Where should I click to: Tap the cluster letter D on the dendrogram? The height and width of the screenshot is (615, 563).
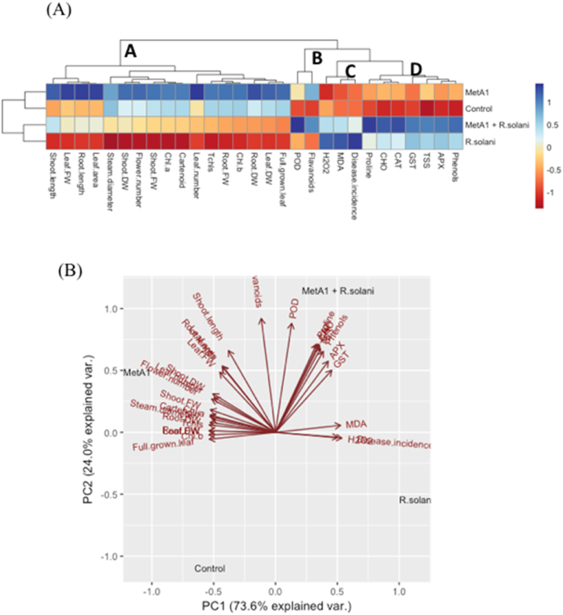click(x=416, y=71)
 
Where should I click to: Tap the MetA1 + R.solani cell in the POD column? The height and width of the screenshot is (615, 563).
click(x=298, y=125)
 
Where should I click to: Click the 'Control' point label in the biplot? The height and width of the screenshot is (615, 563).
click(x=210, y=569)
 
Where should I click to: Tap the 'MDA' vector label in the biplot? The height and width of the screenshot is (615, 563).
click(x=355, y=424)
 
